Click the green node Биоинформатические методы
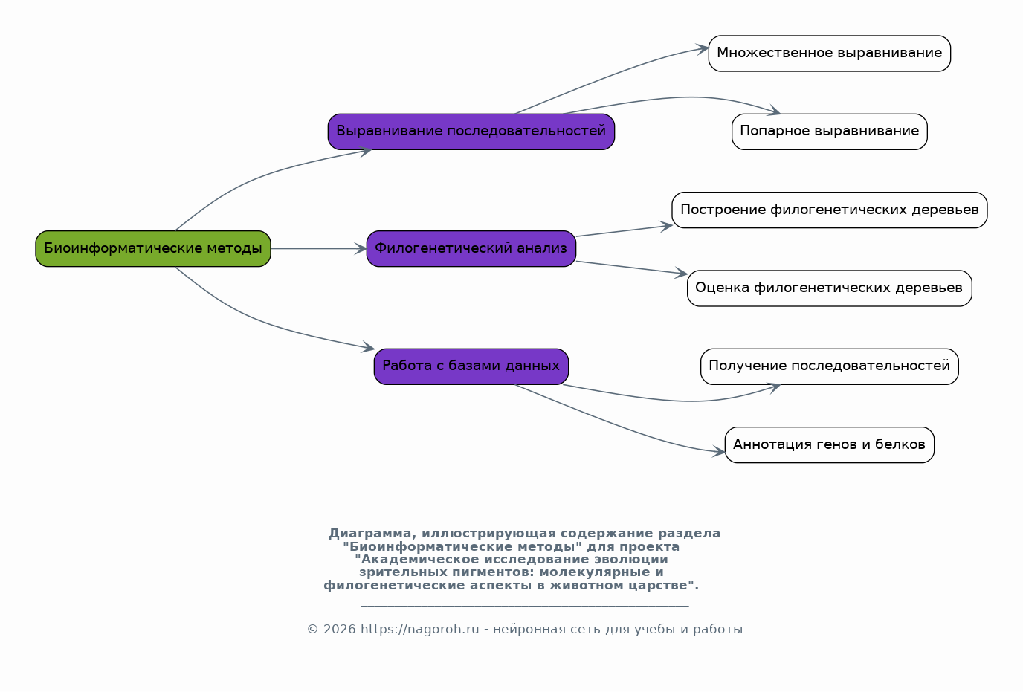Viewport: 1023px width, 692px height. (153, 249)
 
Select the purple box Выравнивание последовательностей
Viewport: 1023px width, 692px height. (471, 132)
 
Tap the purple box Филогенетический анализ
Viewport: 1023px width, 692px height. (471, 249)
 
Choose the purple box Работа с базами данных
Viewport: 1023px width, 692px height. (471, 366)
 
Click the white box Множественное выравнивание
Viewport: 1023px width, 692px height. (830, 54)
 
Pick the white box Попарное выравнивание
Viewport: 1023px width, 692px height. (830, 132)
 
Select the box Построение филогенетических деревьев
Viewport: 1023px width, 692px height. (830, 210)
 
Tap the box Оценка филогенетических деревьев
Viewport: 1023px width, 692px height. (830, 288)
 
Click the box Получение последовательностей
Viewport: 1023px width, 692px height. (830, 366)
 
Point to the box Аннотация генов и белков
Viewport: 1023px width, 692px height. (830, 445)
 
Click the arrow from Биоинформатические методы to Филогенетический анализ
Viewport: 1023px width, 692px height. (319, 249)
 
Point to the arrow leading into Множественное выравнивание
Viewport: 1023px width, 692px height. (612, 75)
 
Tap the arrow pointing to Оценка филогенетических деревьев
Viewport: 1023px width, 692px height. (632, 268)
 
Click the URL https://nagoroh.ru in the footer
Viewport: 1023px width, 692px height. (420, 629)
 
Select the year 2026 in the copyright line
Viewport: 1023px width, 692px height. (339, 629)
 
